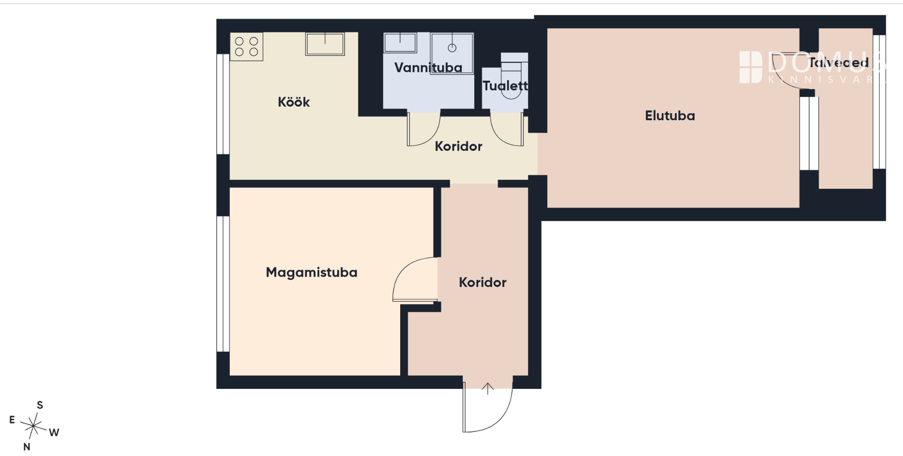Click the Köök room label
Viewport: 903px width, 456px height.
293,102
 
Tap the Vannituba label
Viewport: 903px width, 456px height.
428,68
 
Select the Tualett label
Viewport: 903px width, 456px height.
505,85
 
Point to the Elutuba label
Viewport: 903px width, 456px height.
670,116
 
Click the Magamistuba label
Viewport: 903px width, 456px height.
311,272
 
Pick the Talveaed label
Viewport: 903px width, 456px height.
838,62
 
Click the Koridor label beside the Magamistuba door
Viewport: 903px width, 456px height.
483,282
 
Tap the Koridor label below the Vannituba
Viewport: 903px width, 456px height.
459,146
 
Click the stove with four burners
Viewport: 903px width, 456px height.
246,46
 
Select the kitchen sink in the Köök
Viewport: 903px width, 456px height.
325,44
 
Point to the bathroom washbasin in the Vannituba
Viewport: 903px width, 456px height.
400,42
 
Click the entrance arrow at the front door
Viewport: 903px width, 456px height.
488,389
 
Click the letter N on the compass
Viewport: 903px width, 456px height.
27,447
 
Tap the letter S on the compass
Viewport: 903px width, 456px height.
40,405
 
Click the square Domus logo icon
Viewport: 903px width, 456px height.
751,67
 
